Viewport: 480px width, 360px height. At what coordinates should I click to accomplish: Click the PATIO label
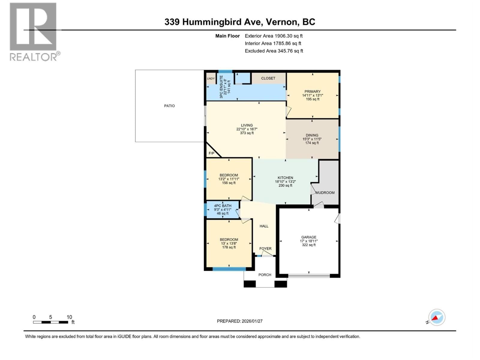169,106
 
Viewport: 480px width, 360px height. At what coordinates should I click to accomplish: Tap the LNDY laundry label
211,79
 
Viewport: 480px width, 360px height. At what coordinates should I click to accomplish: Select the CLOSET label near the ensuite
268,78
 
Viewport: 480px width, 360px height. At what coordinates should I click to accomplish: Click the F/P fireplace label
211,153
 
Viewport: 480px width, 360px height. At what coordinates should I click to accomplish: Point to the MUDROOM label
325,193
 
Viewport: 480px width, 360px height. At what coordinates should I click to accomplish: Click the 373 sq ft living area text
247,133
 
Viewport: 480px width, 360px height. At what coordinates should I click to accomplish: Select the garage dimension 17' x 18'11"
309,241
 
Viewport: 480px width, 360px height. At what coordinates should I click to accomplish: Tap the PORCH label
265,275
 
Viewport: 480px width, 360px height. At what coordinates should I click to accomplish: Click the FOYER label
265,249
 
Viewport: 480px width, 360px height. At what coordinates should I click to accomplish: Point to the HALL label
264,226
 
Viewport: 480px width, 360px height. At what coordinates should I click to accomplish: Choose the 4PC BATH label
223,206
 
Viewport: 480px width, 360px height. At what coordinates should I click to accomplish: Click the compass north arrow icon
436,317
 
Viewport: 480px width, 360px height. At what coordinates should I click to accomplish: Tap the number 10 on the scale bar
69,317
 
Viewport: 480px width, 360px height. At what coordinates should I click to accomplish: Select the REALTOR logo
34,31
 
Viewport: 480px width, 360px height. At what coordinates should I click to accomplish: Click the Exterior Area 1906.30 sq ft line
274,36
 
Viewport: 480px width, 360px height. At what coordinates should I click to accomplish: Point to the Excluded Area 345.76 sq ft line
274,51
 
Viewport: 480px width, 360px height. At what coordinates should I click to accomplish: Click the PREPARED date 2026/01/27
240,321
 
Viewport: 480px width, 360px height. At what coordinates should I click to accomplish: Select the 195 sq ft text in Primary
313,99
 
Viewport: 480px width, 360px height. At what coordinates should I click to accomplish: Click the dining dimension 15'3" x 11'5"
312,139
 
